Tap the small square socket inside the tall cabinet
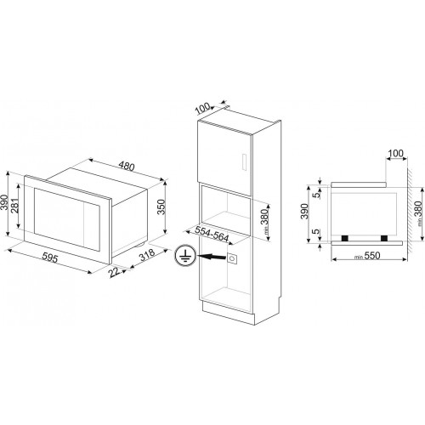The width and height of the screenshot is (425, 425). pos(233,255)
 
